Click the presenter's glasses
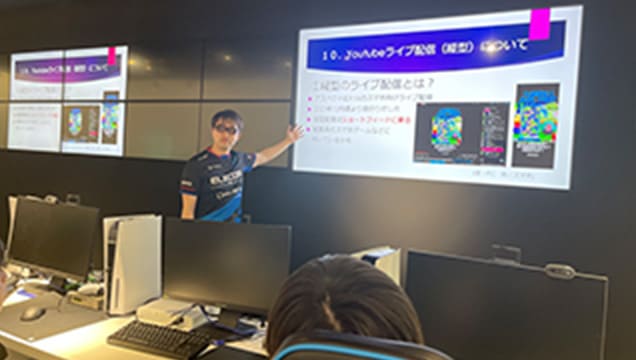point(225,128)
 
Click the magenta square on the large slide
point(540,23)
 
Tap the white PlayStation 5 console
point(132,262)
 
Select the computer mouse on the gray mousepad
point(33,313)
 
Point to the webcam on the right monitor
point(561,270)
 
